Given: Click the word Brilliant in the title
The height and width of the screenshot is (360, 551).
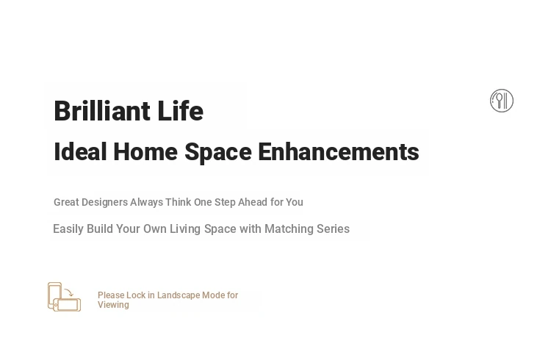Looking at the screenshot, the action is (102, 111).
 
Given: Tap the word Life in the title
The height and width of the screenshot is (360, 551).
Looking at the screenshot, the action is (180, 111).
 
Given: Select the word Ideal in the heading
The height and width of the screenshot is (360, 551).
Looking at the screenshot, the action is (80, 152).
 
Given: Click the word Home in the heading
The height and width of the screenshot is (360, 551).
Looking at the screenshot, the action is (145, 152).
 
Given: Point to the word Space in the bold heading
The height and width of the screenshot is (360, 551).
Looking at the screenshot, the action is (218, 153).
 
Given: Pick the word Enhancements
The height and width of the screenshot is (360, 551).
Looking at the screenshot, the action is (339, 152).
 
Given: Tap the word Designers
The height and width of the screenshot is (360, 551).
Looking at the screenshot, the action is (105, 203).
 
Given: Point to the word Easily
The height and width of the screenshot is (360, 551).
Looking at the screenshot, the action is (68, 229).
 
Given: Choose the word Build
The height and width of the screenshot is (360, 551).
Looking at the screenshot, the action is (100, 229).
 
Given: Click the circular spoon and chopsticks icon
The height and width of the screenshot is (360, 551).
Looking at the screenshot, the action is (502, 101).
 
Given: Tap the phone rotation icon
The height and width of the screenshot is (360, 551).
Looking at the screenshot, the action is (65, 297).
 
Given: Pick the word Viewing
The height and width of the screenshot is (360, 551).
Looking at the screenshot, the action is (113, 305).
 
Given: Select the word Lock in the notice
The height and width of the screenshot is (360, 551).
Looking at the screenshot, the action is (136, 295).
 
